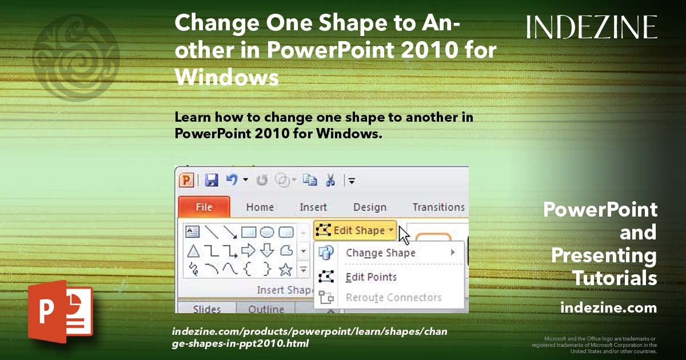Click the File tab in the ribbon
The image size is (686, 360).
[204, 207]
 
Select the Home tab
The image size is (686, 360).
[260, 207]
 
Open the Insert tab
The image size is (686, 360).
[313, 207]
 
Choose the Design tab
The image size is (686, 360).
[369, 207]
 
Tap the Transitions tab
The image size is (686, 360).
[438, 207]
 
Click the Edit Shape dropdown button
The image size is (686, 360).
[354, 230]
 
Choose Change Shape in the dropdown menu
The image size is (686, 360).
[381, 253]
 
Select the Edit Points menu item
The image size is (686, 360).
[371, 277]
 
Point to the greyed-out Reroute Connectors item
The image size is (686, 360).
[393, 298]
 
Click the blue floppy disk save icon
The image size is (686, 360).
[212, 181]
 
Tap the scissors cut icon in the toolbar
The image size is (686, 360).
[330, 181]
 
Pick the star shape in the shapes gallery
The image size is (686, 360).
[285, 269]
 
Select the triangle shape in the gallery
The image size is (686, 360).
[193, 250]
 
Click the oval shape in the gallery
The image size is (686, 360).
[267, 232]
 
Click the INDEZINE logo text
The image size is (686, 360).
[592, 27]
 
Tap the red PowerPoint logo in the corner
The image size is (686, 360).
[60, 312]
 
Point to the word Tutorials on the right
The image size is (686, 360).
[615, 278]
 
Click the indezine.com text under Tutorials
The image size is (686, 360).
[608, 308]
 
